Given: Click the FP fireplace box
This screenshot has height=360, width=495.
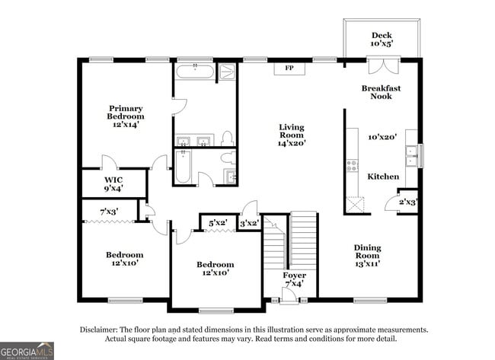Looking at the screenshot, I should (x=289, y=68).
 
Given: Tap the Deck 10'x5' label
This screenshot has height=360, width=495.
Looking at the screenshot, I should (x=381, y=40).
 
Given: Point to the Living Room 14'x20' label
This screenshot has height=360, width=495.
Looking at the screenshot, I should (x=291, y=134).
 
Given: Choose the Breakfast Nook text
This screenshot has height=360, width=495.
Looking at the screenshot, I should (x=381, y=92).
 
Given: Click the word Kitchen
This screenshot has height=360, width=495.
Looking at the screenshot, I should (x=383, y=177).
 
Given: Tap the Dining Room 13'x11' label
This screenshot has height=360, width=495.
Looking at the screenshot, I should (x=367, y=256).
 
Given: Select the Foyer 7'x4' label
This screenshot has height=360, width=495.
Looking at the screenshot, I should (x=295, y=279).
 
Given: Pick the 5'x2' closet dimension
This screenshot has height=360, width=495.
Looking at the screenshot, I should (x=218, y=223).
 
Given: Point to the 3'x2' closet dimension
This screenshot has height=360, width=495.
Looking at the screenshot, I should (x=249, y=223).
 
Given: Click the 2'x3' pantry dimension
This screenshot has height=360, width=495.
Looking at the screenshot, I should (x=407, y=202).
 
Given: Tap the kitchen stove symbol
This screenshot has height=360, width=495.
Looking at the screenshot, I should (x=353, y=165).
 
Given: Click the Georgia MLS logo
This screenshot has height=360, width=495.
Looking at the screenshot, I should (x=27, y=350).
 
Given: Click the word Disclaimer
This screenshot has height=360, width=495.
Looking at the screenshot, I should (x=100, y=330).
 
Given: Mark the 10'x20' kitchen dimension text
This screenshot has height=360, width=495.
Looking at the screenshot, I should (x=383, y=138).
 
